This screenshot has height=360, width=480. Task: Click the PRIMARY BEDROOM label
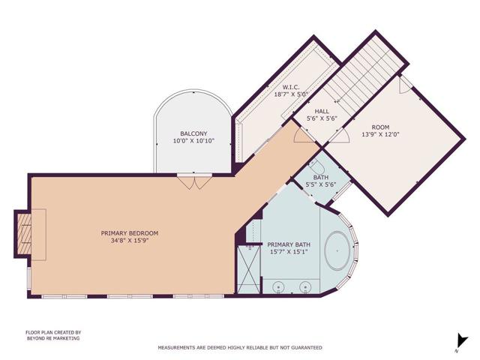tap(129, 233)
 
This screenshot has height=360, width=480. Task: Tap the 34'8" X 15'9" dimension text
tap(129, 241)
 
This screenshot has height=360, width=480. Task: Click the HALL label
tap(322, 111)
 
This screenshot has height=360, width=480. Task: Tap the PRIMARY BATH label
tap(287, 244)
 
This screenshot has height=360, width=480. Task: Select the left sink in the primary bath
tap(279, 286)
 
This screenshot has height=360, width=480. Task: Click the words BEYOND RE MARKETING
tap(52, 338)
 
